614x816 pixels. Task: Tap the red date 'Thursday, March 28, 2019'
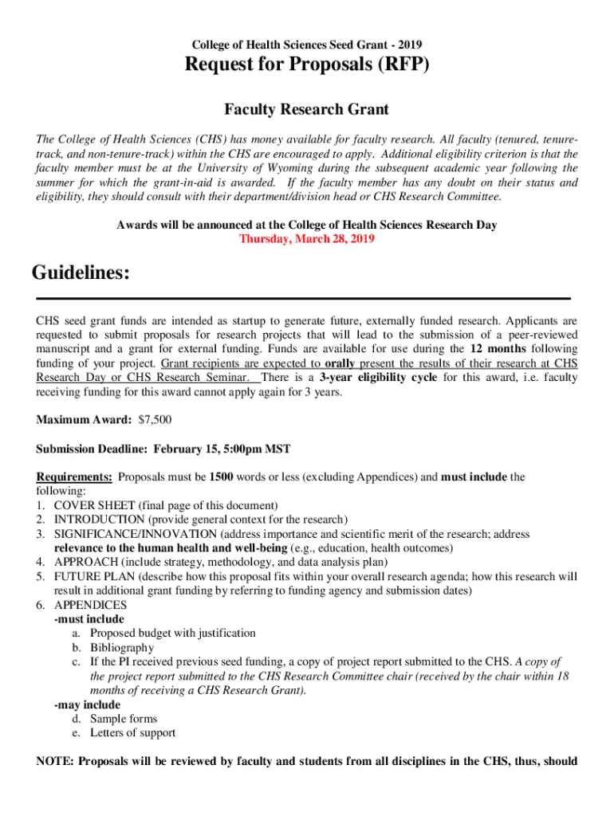click(x=307, y=238)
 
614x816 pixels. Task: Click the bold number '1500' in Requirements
click(x=221, y=477)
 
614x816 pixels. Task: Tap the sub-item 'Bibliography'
click(x=121, y=647)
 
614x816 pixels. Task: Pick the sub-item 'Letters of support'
click(x=132, y=732)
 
